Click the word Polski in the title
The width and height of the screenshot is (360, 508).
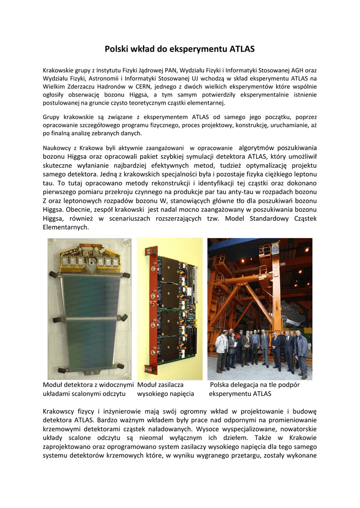(117, 49)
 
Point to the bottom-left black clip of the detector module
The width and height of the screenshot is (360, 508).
(61, 370)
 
